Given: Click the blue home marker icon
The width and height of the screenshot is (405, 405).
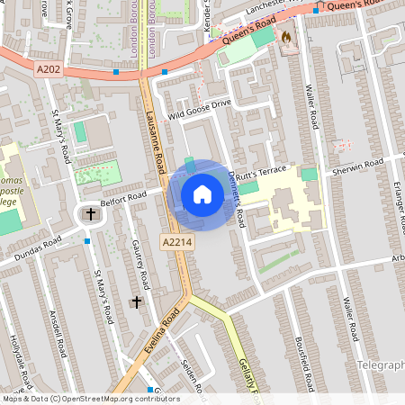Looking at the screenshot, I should coord(202,193).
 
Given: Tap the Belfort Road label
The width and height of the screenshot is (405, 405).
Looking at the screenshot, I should coord(123,195).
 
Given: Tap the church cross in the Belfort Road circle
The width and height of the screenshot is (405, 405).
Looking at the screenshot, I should coord(90,214).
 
